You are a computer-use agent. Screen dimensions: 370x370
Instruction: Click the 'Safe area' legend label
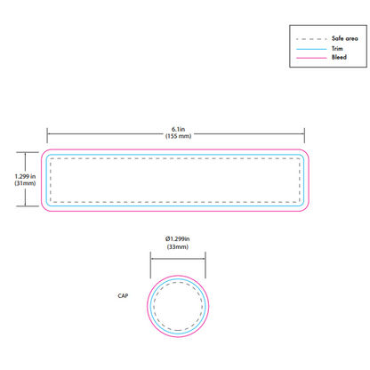pos(345,38)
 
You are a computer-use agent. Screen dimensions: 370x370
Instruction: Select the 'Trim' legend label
pos(337,48)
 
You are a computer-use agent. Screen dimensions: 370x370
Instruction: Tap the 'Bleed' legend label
pos(339,57)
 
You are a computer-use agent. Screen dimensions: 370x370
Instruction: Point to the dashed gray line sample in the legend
pos(311,39)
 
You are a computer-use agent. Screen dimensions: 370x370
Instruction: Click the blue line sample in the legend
pos(311,49)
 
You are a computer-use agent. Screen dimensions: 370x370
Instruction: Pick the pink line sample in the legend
pos(311,58)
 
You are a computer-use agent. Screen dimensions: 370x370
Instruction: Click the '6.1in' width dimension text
pos(178,129)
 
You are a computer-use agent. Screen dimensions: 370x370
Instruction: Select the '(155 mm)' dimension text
pos(178,136)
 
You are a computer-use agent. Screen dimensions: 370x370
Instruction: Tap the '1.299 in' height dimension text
pos(25,176)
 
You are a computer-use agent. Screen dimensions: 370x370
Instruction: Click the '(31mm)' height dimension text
pos(25,183)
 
